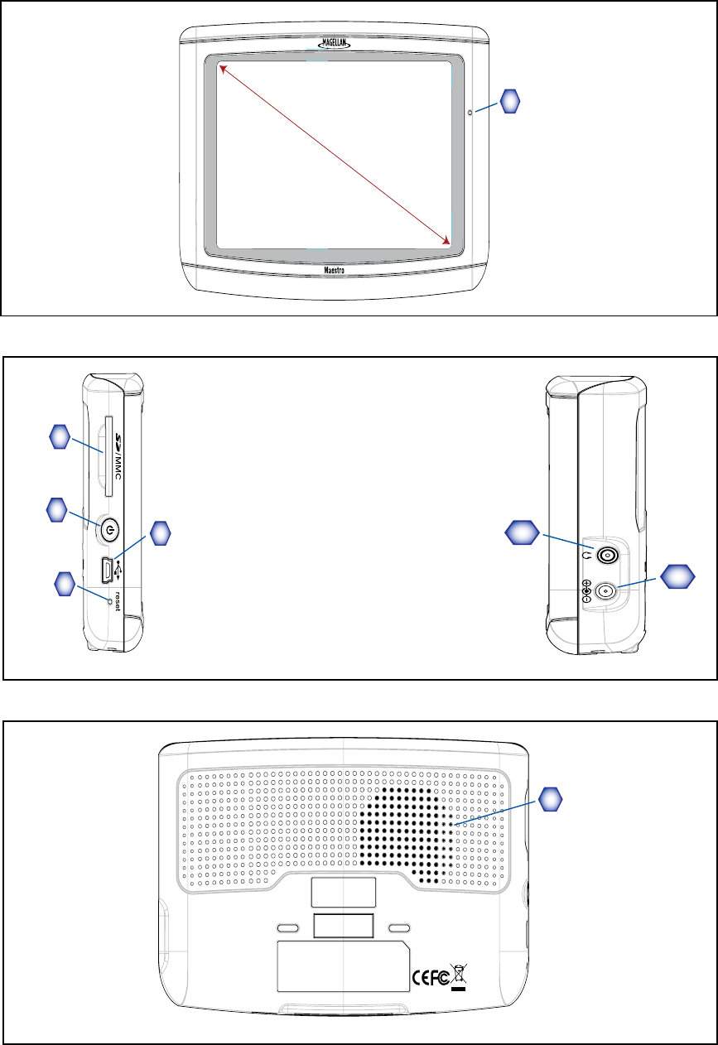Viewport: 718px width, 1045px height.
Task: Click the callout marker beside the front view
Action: tap(511, 101)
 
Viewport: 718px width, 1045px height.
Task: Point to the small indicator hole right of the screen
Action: tap(470, 113)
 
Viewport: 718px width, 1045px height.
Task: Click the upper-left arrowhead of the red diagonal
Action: tap(221, 70)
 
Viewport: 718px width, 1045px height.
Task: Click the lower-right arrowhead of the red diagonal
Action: tap(448, 241)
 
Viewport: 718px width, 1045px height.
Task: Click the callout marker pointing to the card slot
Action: tap(58, 437)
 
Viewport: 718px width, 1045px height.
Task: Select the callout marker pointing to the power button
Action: tap(57, 508)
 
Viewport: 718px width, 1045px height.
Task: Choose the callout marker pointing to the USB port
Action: tap(160, 533)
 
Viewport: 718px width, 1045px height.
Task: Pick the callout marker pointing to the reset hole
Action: tap(62, 583)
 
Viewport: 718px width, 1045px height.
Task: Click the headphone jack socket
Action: tap(608, 556)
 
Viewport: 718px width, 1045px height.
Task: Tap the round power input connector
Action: tap(607, 591)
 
